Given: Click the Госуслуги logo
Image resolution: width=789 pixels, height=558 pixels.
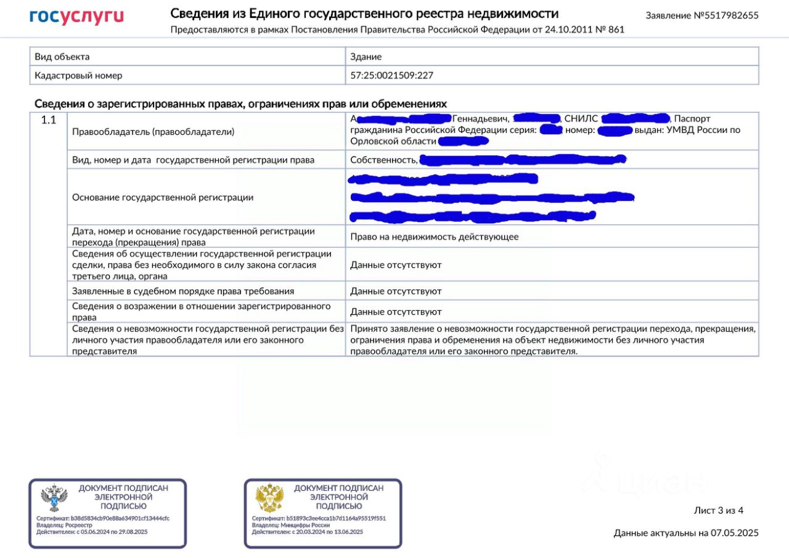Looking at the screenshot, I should point(76,17).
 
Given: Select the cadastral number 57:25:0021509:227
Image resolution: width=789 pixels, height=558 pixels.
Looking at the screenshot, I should point(392,75).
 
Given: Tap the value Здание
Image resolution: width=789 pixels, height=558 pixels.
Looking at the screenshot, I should point(366,57).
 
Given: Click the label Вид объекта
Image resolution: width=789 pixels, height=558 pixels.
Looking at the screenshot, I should point(62,57).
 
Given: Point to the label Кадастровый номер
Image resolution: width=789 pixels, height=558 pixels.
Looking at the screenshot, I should point(78,75).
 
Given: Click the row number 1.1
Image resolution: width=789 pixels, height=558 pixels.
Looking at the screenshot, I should point(49,121).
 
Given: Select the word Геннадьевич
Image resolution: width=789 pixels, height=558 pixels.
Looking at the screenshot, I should point(480,118).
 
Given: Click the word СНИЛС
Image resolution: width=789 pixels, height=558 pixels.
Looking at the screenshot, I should point(581,118).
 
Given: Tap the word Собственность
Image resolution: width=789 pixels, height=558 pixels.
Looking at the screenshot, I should point(383,160).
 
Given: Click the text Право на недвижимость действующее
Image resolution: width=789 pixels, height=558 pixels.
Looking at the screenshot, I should point(435,237).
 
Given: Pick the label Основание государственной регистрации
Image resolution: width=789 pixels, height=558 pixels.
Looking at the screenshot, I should point(163,197).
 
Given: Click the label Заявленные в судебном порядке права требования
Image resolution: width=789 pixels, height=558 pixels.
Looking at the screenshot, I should point(183,291).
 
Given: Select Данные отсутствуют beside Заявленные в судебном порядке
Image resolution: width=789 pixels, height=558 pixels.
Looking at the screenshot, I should point(396,291).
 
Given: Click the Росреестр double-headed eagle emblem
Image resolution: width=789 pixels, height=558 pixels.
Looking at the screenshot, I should point(54,498).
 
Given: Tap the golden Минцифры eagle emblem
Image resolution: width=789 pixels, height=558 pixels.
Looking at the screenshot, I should point(269,498).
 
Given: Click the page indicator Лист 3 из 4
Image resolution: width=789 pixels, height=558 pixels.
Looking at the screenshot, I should point(719,511).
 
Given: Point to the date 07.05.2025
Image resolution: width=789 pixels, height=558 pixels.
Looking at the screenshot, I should point(735,533).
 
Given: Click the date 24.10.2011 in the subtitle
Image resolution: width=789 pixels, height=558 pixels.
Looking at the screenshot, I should point(568,30).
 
